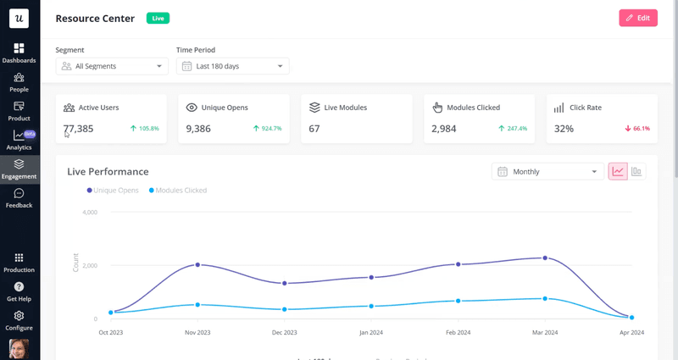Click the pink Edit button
click(638, 18)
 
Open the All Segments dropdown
click(113, 66)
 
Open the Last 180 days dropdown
click(233, 66)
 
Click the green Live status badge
click(158, 18)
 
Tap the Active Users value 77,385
click(79, 129)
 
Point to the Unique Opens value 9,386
click(198, 129)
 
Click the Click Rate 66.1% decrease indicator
click(637, 129)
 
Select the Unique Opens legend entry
click(114, 191)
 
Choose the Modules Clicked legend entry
click(177, 191)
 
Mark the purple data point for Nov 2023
click(197, 265)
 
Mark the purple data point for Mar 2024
click(545, 258)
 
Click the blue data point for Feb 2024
click(458, 301)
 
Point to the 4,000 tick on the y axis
click(89, 212)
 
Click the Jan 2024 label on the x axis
click(371, 333)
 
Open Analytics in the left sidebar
click(19, 140)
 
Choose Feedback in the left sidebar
click(19, 198)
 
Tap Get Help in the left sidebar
click(19, 291)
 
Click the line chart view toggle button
click(618, 172)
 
